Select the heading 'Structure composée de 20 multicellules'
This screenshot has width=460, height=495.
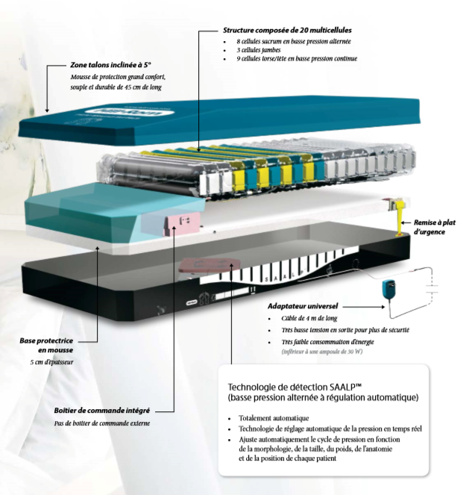coord(287,30)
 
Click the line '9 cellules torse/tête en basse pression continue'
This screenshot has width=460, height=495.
coord(297,58)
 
